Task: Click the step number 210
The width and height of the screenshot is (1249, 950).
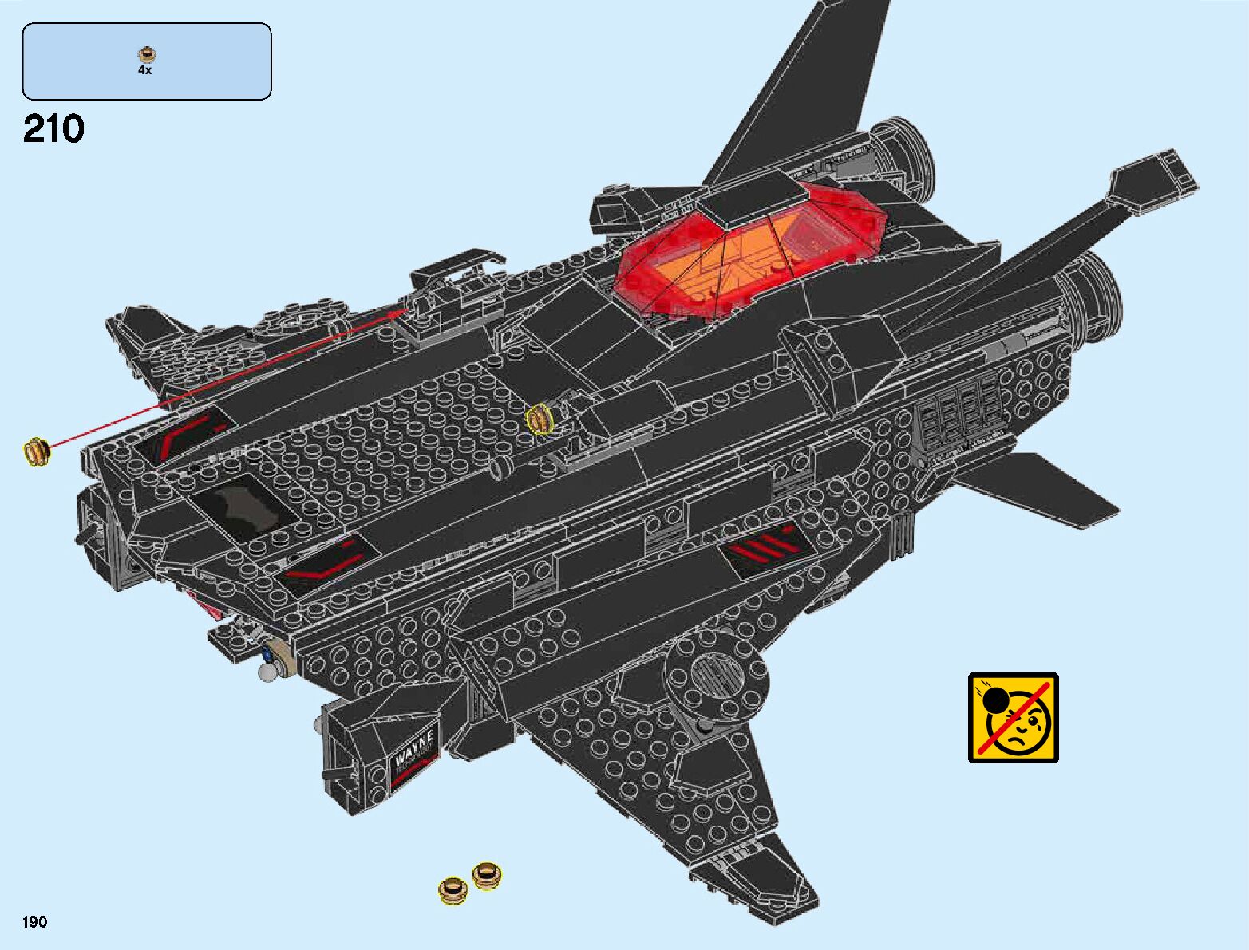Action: point(53,129)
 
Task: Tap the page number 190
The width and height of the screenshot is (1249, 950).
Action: point(35,922)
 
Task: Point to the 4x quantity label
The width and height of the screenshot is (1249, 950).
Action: point(144,70)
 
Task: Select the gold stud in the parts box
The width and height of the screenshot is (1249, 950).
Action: point(145,55)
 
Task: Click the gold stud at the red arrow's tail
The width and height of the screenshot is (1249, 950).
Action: point(36,452)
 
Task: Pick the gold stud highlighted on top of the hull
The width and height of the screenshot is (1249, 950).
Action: point(540,419)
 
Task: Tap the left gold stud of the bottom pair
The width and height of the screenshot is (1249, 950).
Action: point(453,889)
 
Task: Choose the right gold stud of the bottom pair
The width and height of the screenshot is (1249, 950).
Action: point(486,875)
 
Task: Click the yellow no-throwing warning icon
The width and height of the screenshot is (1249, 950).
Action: point(1013,718)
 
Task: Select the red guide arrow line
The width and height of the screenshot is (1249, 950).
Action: point(223,380)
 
